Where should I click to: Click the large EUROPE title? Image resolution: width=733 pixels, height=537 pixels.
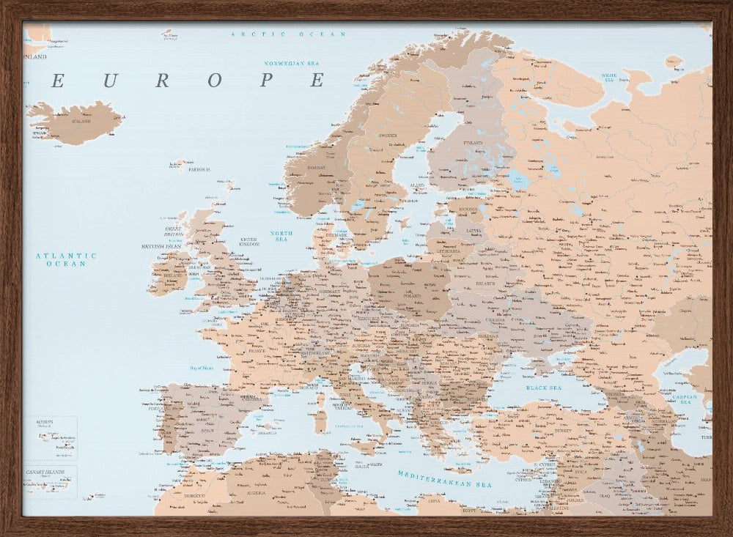(x=187, y=81)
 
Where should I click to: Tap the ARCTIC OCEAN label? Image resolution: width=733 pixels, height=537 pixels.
(x=288, y=34)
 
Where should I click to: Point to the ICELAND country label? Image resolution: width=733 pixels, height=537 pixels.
(x=81, y=121)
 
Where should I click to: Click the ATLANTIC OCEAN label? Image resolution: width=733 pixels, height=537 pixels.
(x=67, y=259)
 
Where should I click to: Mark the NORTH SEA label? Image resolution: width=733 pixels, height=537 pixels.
(x=281, y=236)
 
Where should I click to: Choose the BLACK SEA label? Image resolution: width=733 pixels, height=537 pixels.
(x=543, y=387)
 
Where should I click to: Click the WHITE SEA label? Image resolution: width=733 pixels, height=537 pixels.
(x=608, y=77)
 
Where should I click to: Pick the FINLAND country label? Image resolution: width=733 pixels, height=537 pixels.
(x=473, y=143)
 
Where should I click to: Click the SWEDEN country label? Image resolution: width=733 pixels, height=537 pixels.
(x=388, y=136)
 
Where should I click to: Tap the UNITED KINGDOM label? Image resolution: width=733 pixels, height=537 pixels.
(x=250, y=241)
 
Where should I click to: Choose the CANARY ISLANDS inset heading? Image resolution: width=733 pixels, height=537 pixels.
(x=45, y=472)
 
